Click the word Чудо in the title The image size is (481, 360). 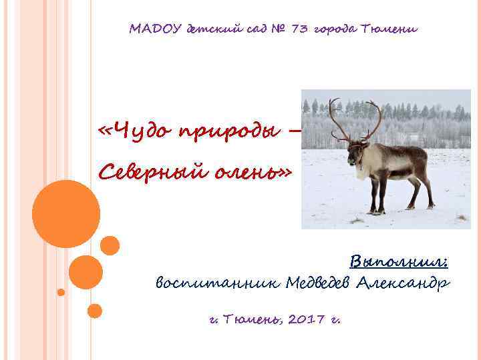(x=138, y=129)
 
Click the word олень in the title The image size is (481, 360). (x=250, y=173)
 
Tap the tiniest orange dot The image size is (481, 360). (x=61, y=292)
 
